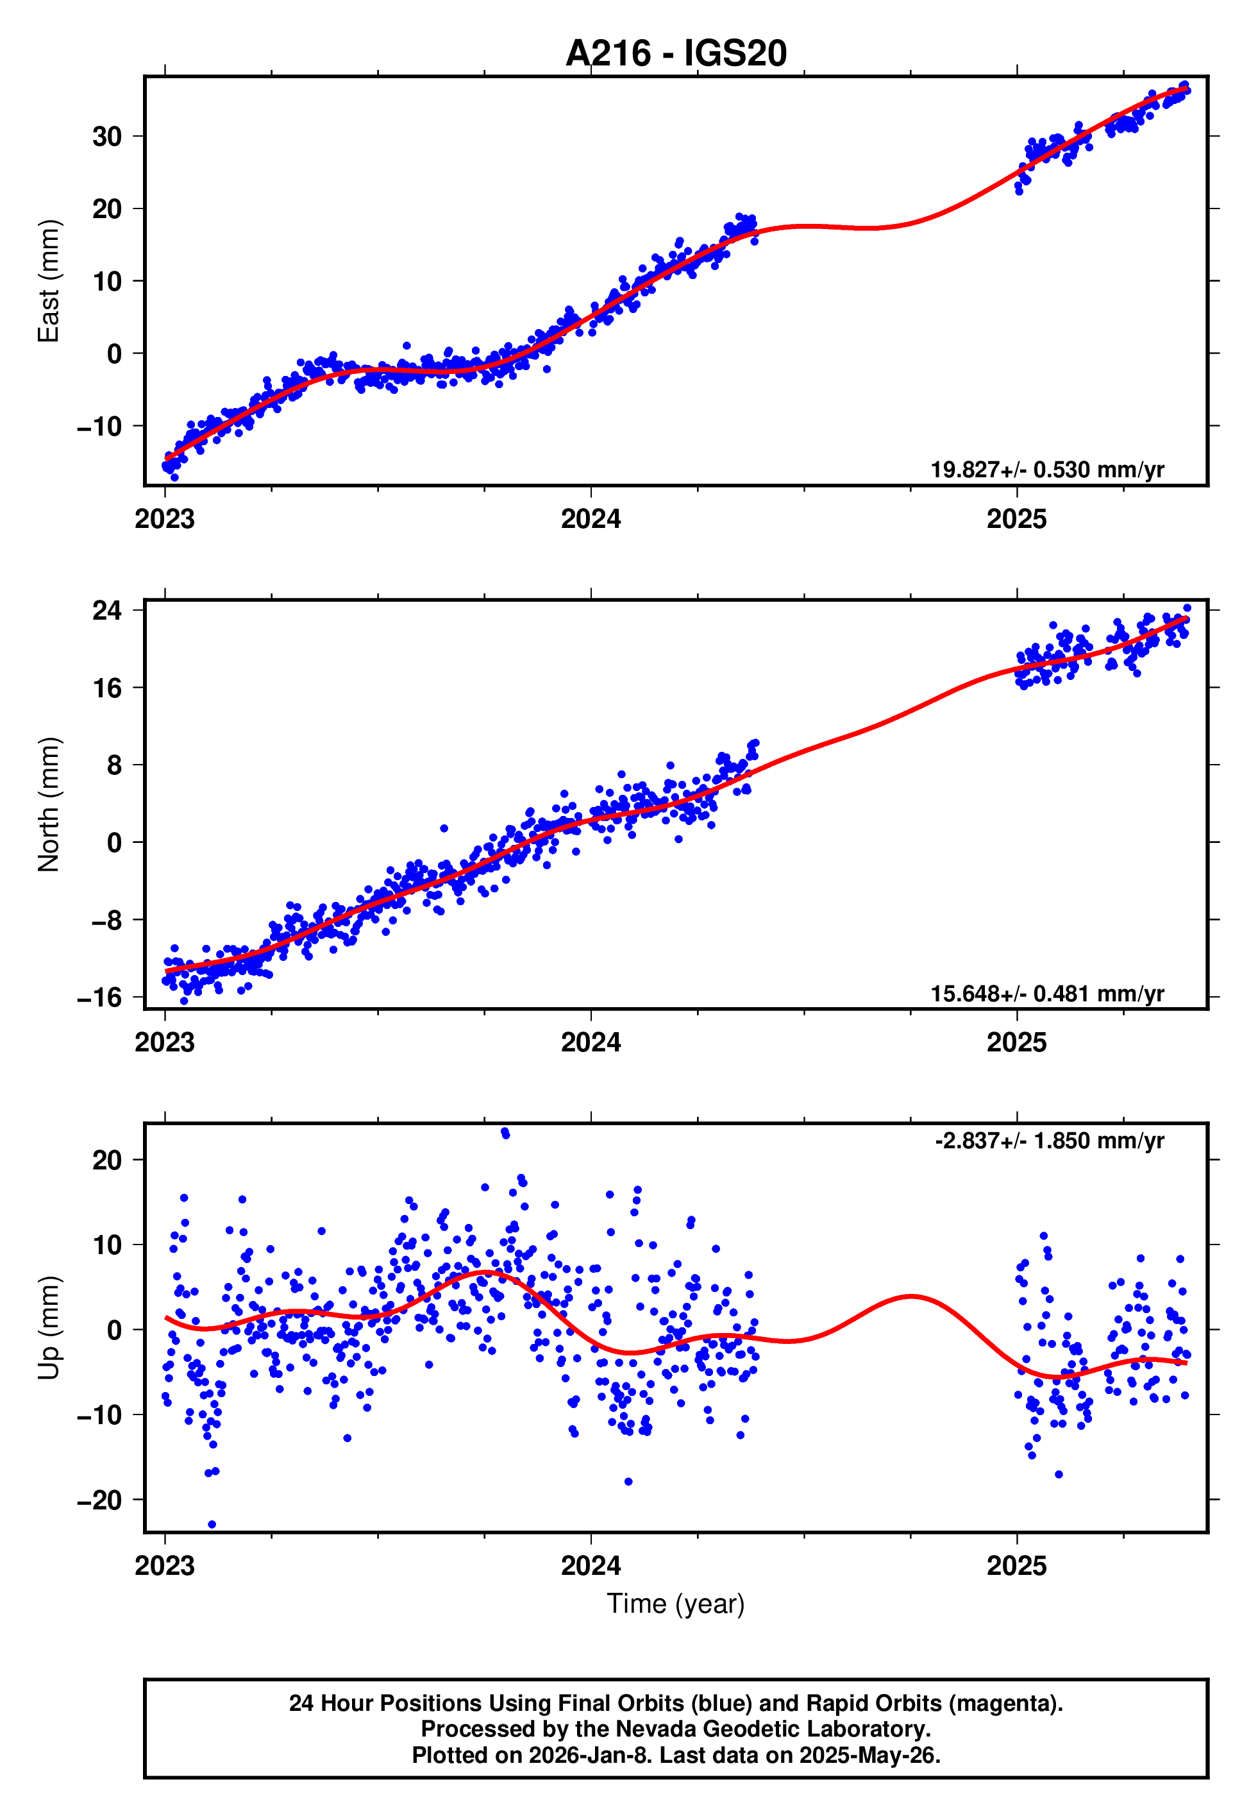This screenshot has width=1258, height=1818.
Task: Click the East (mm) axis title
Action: [x=49, y=281]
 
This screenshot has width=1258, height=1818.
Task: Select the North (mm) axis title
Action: [x=49, y=804]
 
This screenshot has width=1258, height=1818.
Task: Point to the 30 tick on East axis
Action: [x=107, y=137]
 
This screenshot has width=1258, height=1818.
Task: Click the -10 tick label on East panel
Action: [x=99, y=427]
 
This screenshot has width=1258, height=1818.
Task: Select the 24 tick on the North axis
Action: [x=107, y=609]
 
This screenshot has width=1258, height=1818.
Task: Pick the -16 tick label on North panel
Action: [x=99, y=998]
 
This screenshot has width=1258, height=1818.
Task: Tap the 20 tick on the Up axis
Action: [x=107, y=1160]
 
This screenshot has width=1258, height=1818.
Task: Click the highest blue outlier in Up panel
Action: [x=505, y=1132]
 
